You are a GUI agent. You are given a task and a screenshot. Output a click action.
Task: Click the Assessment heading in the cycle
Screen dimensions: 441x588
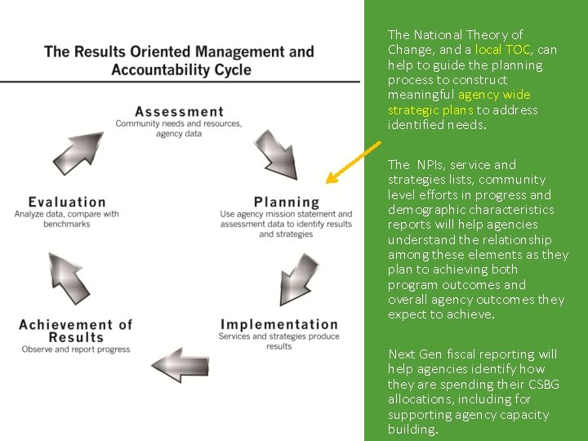(x=179, y=112)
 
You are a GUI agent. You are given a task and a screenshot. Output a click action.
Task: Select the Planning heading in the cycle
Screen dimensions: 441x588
(x=286, y=202)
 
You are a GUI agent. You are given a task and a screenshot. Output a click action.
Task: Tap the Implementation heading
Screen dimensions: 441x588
(x=278, y=325)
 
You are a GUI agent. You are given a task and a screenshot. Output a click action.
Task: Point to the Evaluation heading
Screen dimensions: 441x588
(x=67, y=202)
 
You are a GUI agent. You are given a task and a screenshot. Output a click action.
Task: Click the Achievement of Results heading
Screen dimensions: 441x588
(x=75, y=331)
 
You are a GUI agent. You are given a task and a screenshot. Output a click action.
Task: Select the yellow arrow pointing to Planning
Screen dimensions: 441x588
(x=353, y=163)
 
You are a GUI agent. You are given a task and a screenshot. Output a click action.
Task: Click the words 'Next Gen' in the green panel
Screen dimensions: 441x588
(x=414, y=354)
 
